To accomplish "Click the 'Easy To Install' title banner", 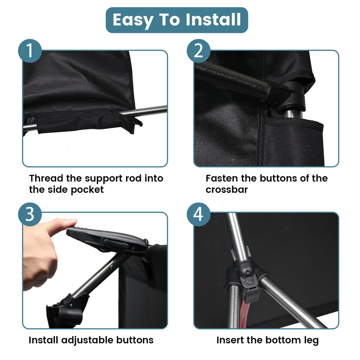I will pos(177,20).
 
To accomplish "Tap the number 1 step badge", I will pos(30,51).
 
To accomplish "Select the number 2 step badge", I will pos(198,51).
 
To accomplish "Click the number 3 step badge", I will pos(30,214).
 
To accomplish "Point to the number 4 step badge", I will pos(198,214).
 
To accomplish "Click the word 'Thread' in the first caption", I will pos(46,178).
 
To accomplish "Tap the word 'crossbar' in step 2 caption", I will pos(226,190).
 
